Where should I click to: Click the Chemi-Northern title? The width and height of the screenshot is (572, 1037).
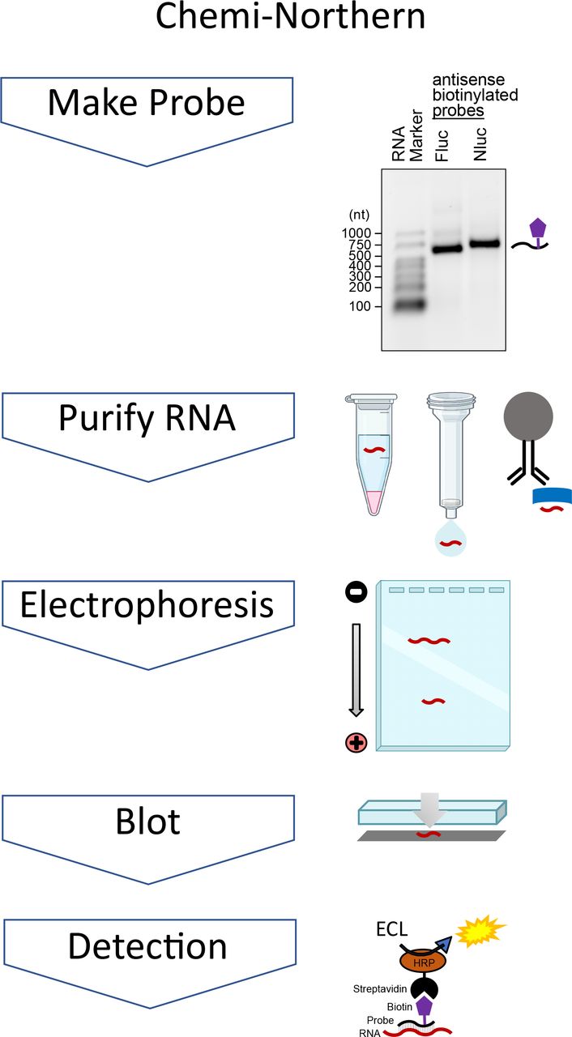286,18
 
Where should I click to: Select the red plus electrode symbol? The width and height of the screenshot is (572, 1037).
356,741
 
